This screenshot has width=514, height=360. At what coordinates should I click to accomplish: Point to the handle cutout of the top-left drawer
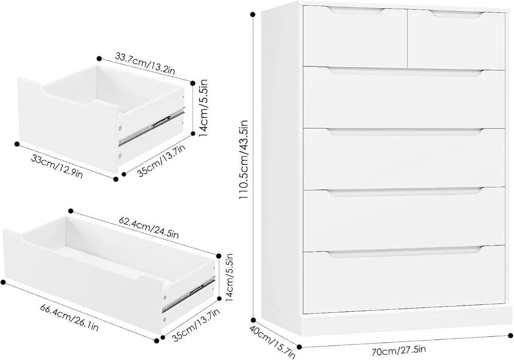pos(356,11)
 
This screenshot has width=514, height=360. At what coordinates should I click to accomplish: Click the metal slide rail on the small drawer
pos(152,125)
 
